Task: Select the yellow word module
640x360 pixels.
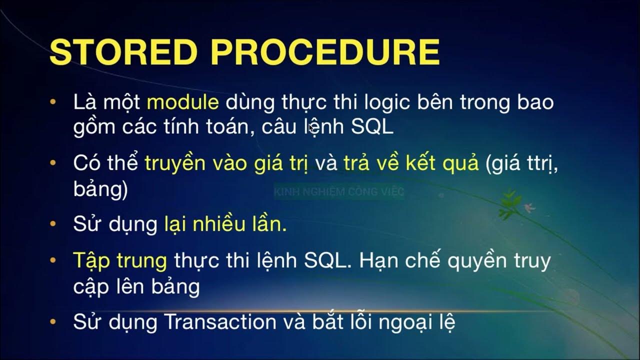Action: point(182,102)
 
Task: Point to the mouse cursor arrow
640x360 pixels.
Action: point(311,128)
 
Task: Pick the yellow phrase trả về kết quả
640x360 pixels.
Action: point(411,164)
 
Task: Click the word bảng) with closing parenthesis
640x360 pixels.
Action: point(100,190)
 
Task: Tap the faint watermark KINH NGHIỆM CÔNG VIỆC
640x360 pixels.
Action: point(338,191)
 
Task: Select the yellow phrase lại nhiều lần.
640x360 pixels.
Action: point(225,224)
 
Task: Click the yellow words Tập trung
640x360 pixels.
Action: point(120,260)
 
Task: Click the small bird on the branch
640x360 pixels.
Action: point(528,206)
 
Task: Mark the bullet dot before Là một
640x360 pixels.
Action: point(53,102)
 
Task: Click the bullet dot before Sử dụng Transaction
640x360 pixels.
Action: point(53,322)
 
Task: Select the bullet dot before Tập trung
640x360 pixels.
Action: point(53,260)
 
